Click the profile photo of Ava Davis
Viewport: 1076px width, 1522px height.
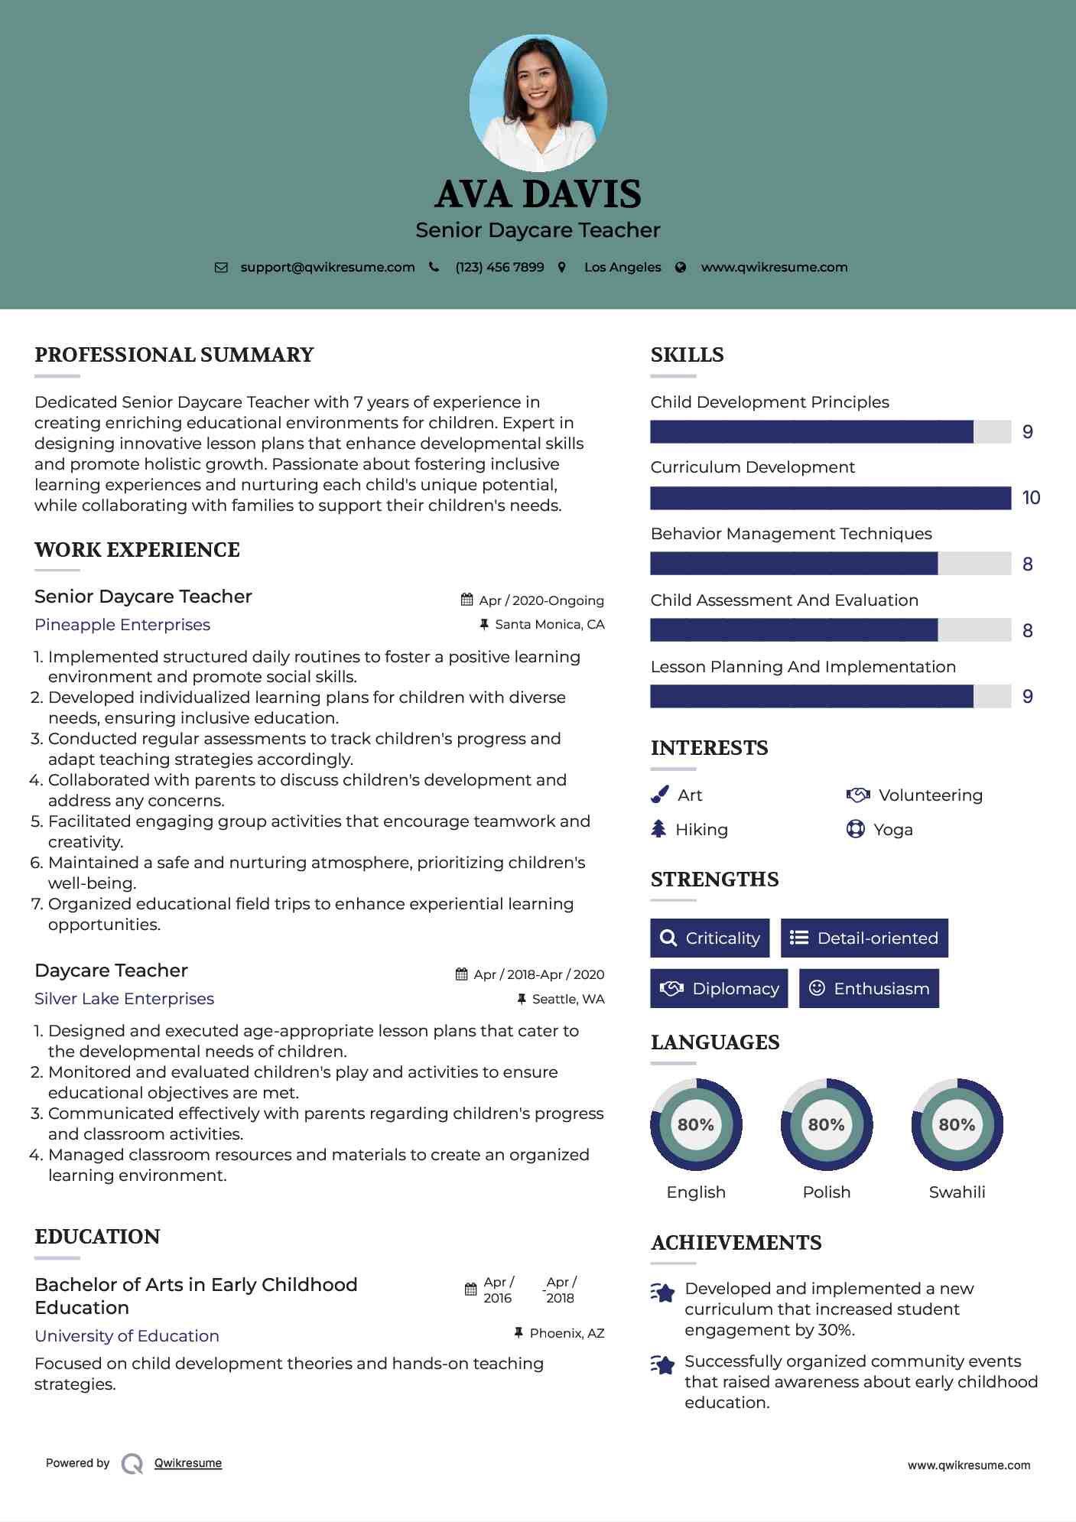tap(538, 102)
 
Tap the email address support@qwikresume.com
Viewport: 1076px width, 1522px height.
tap(327, 267)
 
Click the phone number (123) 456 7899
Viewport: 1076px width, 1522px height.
tap(499, 267)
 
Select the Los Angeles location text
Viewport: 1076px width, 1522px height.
tap(623, 267)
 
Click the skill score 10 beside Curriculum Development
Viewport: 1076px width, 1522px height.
tap(1031, 498)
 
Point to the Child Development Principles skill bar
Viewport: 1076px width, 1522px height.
tap(830, 432)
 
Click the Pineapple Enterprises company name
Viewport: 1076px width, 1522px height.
tap(122, 625)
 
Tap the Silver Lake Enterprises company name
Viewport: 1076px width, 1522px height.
tap(124, 999)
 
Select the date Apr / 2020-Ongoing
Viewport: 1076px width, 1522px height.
tap(541, 600)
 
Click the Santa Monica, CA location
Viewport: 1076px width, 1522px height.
tap(549, 624)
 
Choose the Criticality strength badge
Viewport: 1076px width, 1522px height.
tap(710, 938)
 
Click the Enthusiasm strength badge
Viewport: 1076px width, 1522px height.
tap(869, 989)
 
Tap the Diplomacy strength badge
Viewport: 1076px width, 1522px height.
tap(719, 989)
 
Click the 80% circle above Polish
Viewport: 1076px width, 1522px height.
tap(826, 1124)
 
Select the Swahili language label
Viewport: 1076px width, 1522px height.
tap(957, 1192)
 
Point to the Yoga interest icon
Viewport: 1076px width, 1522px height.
tap(855, 829)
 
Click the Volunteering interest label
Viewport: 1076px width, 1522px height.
tap(930, 795)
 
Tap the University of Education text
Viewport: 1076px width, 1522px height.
tap(127, 1336)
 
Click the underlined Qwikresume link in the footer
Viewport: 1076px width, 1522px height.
tap(188, 1463)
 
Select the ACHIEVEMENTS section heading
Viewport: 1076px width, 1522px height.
tap(736, 1243)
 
